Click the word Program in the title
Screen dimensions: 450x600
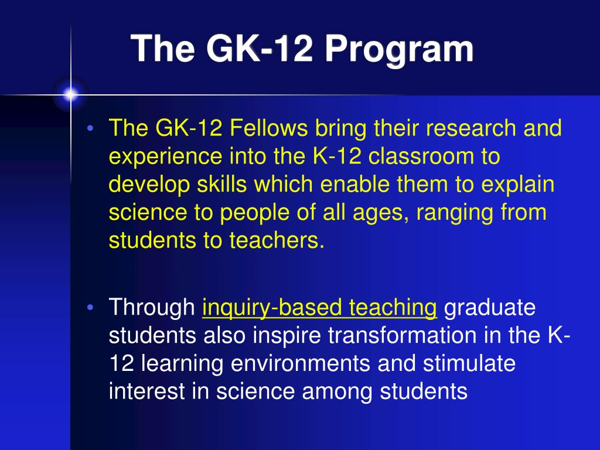tap(399, 49)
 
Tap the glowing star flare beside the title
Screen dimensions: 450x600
tap(70, 94)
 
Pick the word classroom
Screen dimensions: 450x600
tap(421, 157)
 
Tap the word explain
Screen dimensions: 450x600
tap(518, 185)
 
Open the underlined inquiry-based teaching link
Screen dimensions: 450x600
tap(319, 308)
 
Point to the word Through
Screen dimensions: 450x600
tap(152, 308)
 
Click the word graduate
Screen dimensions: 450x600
tap(490, 308)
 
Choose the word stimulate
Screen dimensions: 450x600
tap(469, 363)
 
